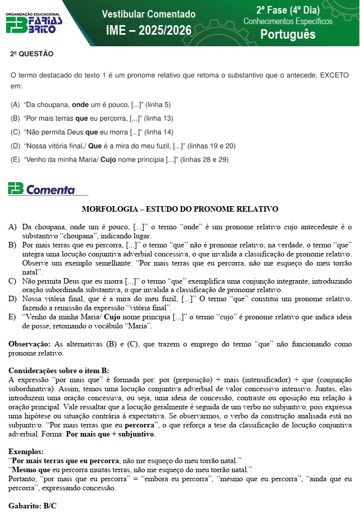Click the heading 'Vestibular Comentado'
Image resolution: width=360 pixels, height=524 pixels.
click(148, 14)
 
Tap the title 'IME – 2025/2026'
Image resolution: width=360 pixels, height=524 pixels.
click(148, 31)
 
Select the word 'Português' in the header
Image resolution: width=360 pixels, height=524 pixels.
click(288, 34)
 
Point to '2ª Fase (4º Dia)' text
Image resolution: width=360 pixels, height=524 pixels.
click(288, 10)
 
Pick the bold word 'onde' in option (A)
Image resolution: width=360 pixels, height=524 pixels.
click(80, 105)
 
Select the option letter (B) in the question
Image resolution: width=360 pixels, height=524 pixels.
click(15, 119)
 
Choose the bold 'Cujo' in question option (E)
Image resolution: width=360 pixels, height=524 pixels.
click(109, 160)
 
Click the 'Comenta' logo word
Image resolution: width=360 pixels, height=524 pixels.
click(50, 190)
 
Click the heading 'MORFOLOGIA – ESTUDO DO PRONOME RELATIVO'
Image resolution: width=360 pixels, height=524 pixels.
click(180, 209)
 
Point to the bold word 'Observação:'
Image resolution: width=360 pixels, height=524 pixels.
click(28, 344)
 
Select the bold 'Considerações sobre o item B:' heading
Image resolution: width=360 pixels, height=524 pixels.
click(59, 370)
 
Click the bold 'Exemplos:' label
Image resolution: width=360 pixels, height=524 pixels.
click(26, 451)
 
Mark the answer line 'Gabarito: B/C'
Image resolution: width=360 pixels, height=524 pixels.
click(33, 505)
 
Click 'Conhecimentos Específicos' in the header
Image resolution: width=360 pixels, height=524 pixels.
click(288, 22)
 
